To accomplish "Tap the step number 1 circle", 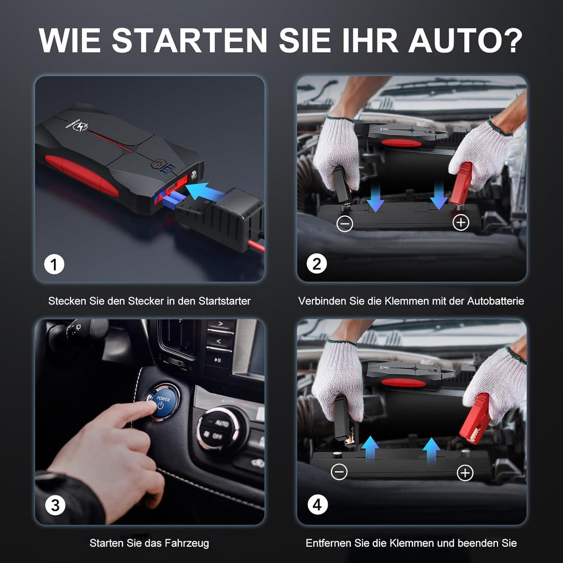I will [54, 265].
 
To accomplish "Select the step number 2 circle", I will [316, 265].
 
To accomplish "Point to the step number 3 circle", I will [55, 505].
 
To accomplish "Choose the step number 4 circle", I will [317, 505].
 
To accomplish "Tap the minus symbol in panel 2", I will [345, 224].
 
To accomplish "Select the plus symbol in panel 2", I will [461, 223].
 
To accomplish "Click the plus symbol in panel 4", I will [464, 473].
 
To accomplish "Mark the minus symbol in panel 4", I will [339, 472].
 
